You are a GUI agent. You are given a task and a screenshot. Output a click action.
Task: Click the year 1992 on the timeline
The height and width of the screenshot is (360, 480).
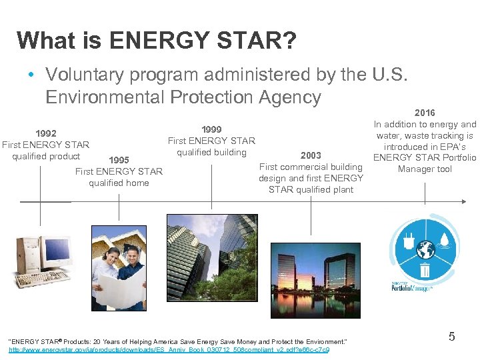(x=45, y=133)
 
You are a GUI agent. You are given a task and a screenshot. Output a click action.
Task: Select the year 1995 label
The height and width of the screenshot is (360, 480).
(x=119, y=160)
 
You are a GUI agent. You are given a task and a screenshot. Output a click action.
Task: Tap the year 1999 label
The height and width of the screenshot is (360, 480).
(x=211, y=129)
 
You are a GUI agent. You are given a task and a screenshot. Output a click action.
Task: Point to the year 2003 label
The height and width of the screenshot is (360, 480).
(x=311, y=155)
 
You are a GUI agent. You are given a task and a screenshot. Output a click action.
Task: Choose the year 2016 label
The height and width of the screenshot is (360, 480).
(x=425, y=113)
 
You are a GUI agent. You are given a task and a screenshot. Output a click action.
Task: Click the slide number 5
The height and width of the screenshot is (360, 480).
(x=451, y=337)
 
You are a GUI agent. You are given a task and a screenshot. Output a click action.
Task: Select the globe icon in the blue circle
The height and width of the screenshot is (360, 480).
(x=425, y=250)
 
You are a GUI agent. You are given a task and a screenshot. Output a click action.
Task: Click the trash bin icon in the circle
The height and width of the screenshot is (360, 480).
(x=425, y=269)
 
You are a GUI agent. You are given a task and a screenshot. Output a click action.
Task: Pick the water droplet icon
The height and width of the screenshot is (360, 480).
(x=443, y=239)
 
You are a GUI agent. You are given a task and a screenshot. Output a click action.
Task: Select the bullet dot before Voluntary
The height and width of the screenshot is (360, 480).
(x=31, y=75)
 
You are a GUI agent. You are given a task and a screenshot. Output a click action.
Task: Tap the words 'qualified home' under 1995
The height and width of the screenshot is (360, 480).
(x=119, y=183)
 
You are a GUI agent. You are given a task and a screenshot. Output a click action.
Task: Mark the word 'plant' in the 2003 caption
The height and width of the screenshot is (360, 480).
(x=340, y=189)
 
